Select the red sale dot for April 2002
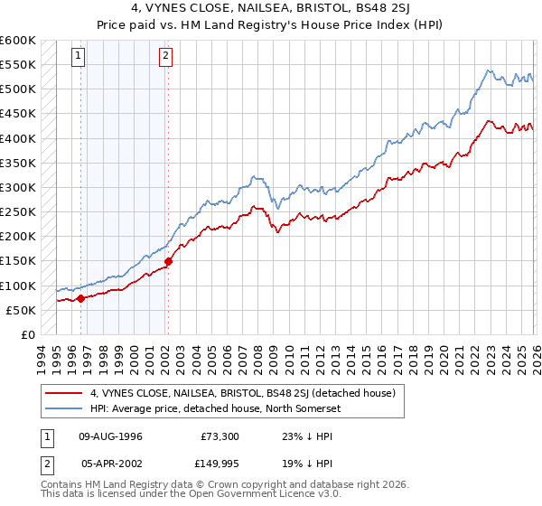tap(168, 261)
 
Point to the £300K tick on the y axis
tap(18, 188)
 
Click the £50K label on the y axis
tap(22, 310)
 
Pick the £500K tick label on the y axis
tap(18, 89)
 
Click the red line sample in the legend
tap(64, 393)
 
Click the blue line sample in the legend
tap(64, 409)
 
